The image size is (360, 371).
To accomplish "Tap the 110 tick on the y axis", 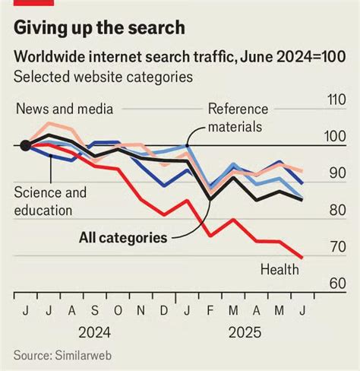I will tap(336, 100).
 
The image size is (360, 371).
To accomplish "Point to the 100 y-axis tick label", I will tap(336, 137).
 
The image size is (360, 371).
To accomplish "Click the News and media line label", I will tap(64, 109).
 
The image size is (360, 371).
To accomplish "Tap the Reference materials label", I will tap(235, 117).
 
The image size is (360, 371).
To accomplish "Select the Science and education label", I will tap(50, 201).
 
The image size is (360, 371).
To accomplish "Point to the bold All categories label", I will tap(122, 238).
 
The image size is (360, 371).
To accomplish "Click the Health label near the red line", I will tap(279, 269).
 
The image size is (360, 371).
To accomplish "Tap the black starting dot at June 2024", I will tap(25, 146).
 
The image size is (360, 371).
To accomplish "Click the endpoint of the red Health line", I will tap(302, 258).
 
